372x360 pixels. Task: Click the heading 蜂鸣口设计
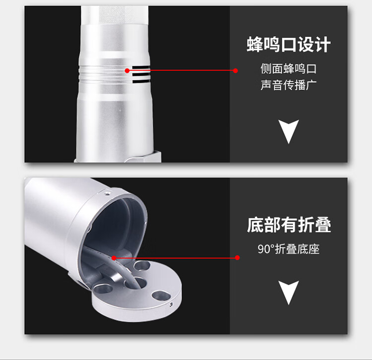(x=289, y=44)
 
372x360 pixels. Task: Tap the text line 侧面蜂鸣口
(x=289, y=68)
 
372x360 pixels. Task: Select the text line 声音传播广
(x=289, y=85)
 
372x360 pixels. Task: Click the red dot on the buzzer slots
(x=127, y=71)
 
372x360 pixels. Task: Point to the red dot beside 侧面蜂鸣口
(x=235, y=71)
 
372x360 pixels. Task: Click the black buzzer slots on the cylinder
(x=141, y=75)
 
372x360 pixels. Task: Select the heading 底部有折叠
(x=289, y=225)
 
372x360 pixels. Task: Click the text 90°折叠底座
(x=289, y=249)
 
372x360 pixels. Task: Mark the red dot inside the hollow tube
(x=114, y=258)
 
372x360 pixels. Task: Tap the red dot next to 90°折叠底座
(x=237, y=258)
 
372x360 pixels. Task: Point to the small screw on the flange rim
(x=171, y=304)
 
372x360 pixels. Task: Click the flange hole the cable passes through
(x=135, y=283)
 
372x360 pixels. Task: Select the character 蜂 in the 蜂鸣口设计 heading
(x=255, y=44)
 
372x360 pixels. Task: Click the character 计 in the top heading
(x=322, y=44)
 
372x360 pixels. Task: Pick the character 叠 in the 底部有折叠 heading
(x=323, y=225)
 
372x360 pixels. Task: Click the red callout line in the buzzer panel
(x=181, y=70)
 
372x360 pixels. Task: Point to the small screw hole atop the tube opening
(x=108, y=194)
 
